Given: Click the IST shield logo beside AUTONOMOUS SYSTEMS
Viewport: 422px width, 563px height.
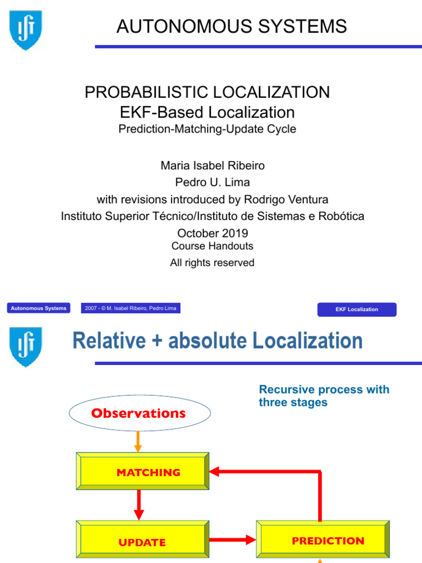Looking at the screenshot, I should [26, 30].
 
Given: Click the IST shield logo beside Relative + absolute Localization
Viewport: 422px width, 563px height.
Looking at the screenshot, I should [26, 346].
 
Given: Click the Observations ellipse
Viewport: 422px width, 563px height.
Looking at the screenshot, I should [140, 413].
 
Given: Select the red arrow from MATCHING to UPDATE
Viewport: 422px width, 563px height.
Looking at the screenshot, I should [138, 505].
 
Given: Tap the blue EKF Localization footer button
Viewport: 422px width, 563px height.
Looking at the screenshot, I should [357, 310].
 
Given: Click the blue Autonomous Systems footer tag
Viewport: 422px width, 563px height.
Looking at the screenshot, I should [38, 308].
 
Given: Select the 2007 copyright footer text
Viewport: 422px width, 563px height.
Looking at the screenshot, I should [131, 308].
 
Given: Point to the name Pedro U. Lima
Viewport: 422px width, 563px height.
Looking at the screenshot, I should [213, 182].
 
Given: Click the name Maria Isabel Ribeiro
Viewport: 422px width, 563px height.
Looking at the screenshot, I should [212, 165].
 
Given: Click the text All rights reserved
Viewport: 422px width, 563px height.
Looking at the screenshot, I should [212, 263].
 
